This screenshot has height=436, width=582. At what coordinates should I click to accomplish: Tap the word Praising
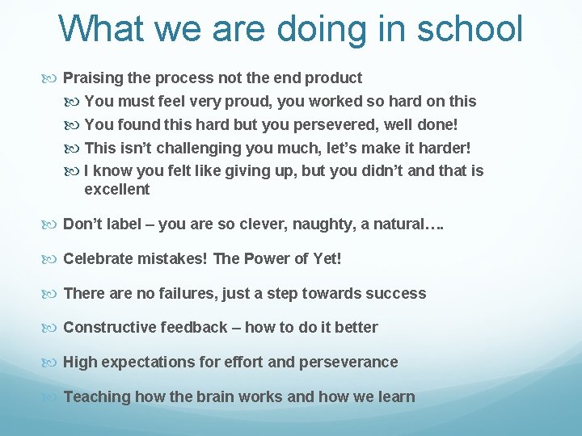(92, 78)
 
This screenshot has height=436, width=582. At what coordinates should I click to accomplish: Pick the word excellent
(116, 190)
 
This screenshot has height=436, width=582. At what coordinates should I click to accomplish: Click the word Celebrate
(96, 259)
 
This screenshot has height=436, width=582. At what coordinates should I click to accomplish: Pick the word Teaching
(96, 397)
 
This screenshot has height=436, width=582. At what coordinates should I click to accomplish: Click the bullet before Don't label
(53, 224)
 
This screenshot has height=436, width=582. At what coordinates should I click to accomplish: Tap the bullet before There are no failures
(53, 294)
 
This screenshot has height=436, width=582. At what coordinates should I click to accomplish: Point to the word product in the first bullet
(333, 78)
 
